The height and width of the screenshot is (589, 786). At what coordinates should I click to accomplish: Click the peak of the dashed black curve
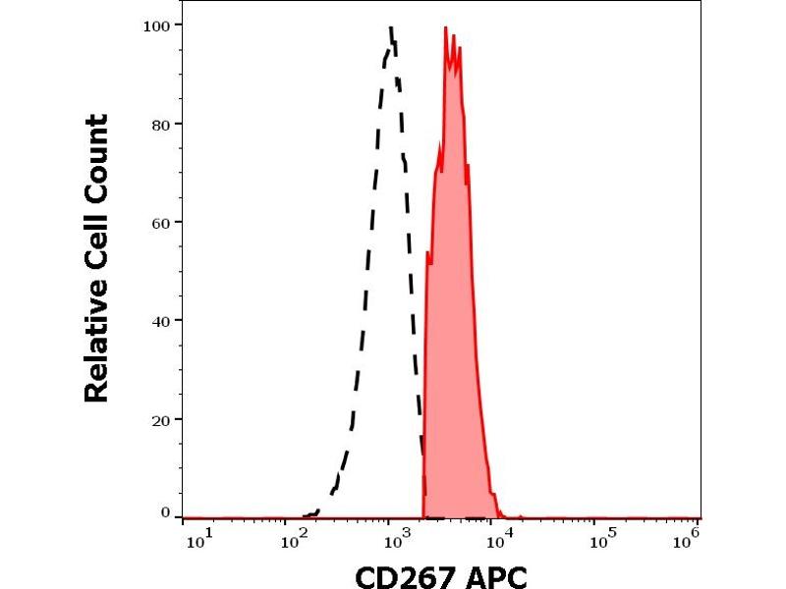[391, 27]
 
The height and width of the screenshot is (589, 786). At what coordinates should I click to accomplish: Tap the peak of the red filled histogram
[446, 27]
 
